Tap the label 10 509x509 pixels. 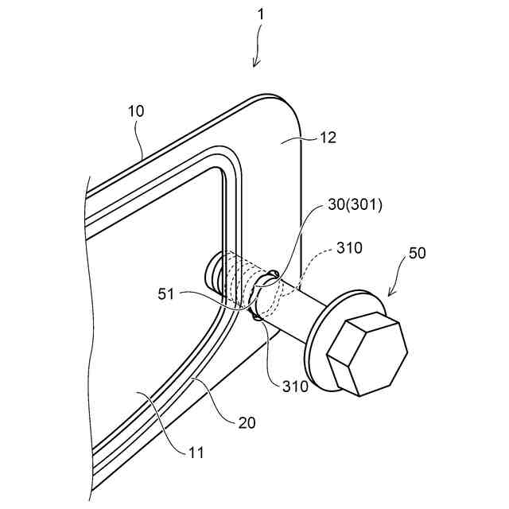point(136,111)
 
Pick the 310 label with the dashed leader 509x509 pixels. point(349,247)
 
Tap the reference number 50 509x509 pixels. point(417,254)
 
